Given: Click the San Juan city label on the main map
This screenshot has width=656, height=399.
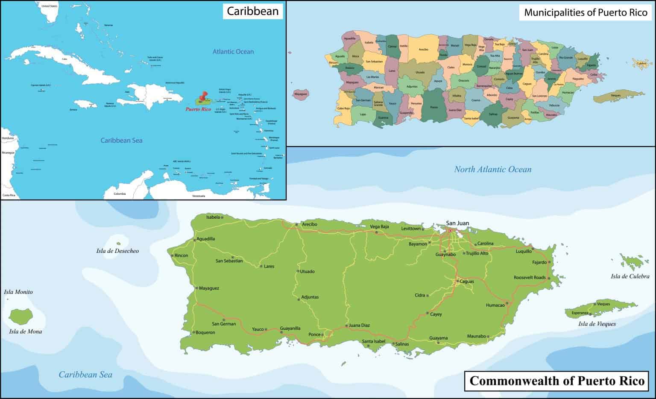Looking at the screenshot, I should tap(457, 223).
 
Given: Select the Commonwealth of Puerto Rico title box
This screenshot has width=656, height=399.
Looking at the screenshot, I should tap(557, 381).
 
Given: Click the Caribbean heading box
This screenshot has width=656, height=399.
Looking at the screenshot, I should tap(252, 11).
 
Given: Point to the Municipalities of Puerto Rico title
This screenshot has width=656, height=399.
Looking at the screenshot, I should tap(586, 12).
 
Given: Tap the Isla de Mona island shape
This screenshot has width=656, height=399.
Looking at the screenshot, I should tap(21, 317).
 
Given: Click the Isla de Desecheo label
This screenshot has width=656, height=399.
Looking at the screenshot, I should tap(117, 251).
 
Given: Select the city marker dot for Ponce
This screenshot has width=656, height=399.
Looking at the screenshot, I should tap(322, 334).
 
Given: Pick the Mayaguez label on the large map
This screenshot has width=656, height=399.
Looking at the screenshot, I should tap(209, 288).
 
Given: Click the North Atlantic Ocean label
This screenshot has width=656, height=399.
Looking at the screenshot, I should tap(492, 170).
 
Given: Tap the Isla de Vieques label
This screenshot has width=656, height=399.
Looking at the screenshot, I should tap(597, 324).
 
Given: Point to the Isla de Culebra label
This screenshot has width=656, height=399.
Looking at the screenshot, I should tap(630, 276).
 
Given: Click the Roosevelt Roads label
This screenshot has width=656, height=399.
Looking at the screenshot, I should tap(529, 278).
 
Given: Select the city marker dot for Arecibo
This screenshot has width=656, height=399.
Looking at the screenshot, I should tap(296, 225).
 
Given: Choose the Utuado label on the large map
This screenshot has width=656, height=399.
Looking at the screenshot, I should tap(307, 272).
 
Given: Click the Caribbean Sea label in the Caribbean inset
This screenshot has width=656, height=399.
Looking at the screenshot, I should tap(121, 141).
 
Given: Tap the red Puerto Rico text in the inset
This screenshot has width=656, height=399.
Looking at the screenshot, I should tap(198, 109).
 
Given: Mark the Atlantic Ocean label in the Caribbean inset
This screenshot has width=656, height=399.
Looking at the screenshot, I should tap(233, 52).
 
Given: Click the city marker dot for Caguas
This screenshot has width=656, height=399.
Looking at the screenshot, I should tap(457, 282).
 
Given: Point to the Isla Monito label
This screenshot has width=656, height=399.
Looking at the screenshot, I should tap(18, 292).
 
